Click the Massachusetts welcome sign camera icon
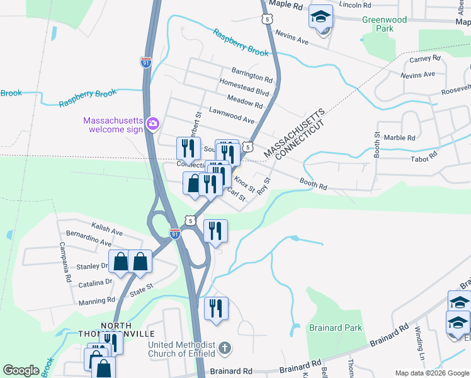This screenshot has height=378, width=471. (152, 123)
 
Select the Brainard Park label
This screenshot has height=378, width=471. (335, 328)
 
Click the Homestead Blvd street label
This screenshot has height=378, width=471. (244, 88)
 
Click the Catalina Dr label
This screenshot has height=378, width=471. (95, 284)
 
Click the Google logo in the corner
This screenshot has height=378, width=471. (21, 370)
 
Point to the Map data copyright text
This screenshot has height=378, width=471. (432, 373)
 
